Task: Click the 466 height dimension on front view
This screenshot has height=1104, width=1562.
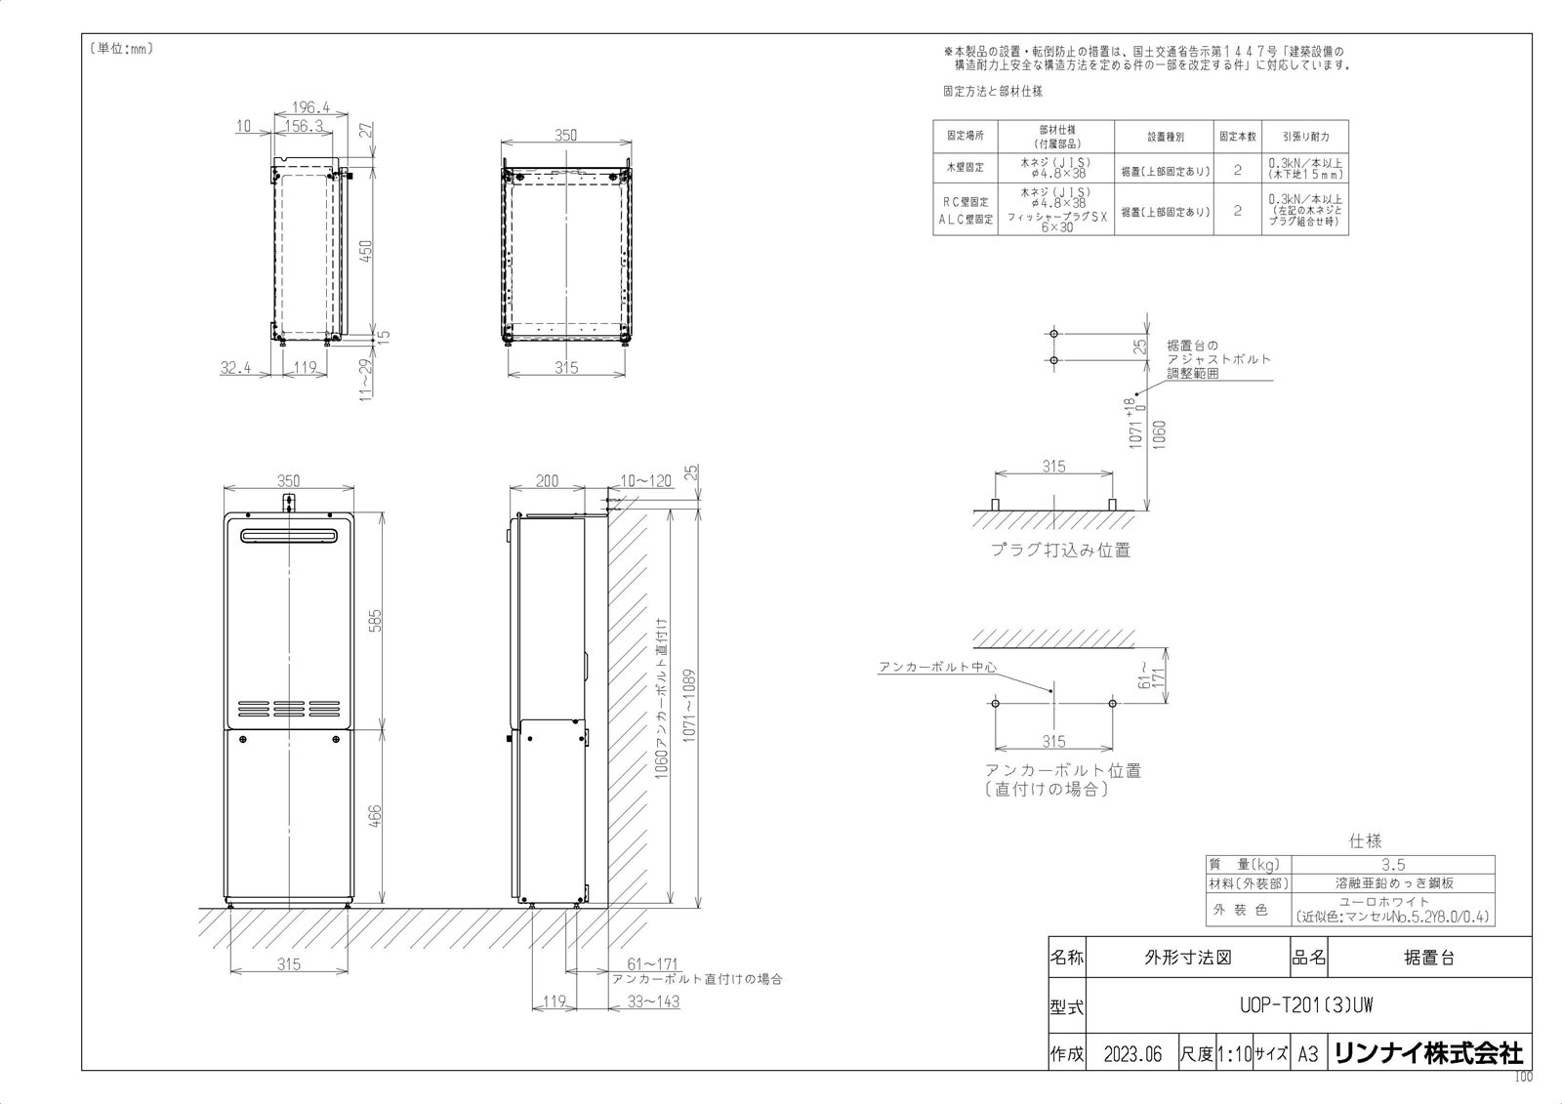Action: (376, 816)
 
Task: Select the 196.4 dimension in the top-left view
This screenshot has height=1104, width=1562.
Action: (311, 108)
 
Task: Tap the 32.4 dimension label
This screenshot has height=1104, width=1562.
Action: (236, 368)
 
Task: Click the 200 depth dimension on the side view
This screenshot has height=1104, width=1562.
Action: (549, 481)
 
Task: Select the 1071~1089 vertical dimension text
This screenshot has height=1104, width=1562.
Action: (690, 706)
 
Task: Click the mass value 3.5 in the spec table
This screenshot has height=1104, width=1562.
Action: (1393, 865)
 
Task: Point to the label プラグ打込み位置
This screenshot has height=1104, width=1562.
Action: (1060, 550)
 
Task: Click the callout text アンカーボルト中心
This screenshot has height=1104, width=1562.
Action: (937, 667)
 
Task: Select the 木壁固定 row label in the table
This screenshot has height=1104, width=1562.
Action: (965, 168)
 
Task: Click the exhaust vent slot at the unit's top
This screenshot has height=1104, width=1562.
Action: (290, 536)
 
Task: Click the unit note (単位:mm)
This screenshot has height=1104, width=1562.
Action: (121, 48)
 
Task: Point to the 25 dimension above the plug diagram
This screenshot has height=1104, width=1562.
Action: (1139, 347)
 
